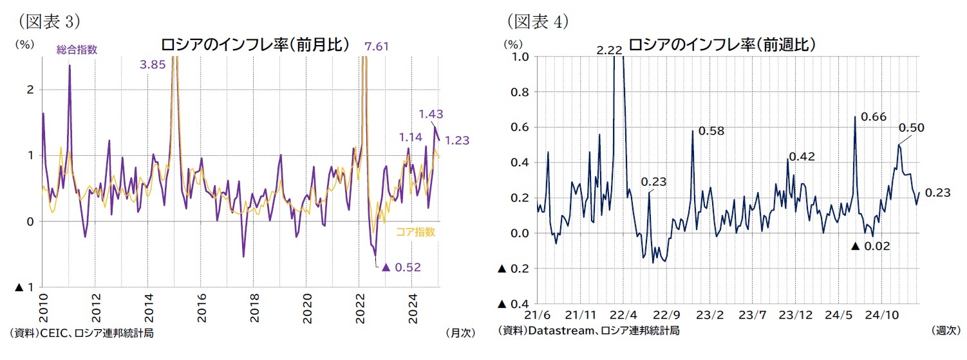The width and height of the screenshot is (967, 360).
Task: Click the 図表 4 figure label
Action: click(x=537, y=21)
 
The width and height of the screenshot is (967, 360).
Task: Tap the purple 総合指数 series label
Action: click(x=77, y=50)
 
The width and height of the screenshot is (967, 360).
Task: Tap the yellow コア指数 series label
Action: click(x=416, y=232)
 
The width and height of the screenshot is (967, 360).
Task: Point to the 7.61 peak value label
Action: click(x=377, y=46)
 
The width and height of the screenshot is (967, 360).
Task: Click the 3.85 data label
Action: click(x=153, y=64)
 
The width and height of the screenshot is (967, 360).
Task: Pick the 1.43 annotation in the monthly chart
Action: click(x=431, y=114)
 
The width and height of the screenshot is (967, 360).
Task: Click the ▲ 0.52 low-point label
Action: click(x=401, y=267)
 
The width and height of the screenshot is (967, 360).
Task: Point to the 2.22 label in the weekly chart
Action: click(x=609, y=50)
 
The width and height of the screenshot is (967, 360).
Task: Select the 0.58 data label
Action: click(x=711, y=131)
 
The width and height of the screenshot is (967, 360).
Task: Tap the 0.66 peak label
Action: click(x=873, y=117)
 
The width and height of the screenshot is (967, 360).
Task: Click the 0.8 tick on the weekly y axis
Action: click(x=519, y=92)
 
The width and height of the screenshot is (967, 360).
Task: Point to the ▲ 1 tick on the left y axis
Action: click(x=24, y=287)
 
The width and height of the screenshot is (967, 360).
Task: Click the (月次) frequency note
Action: click(x=459, y=333)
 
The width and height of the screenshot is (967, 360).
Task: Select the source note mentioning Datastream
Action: click(x=588, y=330)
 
